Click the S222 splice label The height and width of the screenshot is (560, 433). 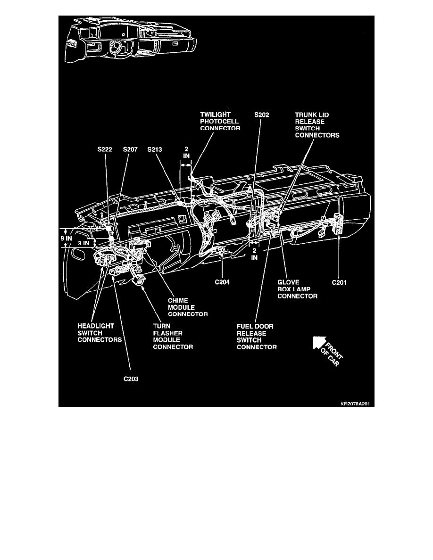(x=105, y=149)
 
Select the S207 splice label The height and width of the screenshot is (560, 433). (x=130, y=149)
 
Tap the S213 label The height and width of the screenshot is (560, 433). (x=155, y=149)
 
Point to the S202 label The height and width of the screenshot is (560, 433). (x=261, y=115)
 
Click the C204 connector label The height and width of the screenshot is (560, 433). (x=222, y=282)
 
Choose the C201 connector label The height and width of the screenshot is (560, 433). (x=339, y=282)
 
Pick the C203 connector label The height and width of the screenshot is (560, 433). (x=131, y=379)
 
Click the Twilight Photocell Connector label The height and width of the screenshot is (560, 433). (x=220, y=122)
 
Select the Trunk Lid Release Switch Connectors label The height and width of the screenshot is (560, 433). (x=317, y=125)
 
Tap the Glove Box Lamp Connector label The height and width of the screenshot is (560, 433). (x=297, y=289)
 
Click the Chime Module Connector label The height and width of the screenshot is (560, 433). (x=188, y=307)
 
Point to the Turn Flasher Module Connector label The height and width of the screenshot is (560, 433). (x=173, y=337)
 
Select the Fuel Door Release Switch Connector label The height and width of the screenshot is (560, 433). (x=257, y=337)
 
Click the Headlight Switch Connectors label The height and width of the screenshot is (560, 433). (x=100, y=333)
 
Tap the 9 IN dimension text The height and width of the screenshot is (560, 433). (x=66, y=238)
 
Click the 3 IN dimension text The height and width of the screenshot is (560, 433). (x=83, y=243)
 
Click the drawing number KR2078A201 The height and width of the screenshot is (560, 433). (x=355, y=404)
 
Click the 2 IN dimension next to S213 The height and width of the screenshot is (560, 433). (x=186, y=153)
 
